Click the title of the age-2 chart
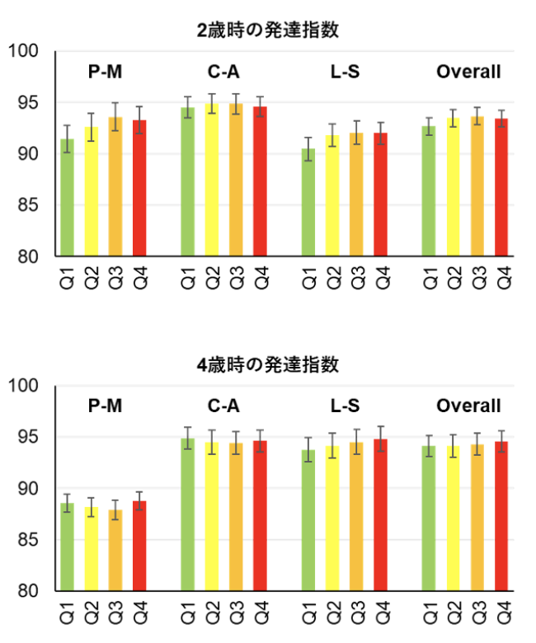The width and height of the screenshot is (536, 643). click(x=269, y=31)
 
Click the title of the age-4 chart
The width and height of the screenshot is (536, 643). click(x=269, y=364)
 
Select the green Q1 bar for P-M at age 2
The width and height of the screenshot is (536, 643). click(x=67, y=198)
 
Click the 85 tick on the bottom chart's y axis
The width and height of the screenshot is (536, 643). click(x=30, y=540)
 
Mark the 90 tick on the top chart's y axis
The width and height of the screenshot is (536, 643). click(x=30, y=154)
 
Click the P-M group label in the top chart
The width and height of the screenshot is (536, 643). click(x=105, y=72)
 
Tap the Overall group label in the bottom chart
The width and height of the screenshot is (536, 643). click(x=468, y=406)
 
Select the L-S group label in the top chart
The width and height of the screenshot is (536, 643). click(x=345, y=72)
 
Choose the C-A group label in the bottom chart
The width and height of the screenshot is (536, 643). click(x=224, y=406)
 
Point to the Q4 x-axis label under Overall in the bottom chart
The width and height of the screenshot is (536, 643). click(x=501, y=613)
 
